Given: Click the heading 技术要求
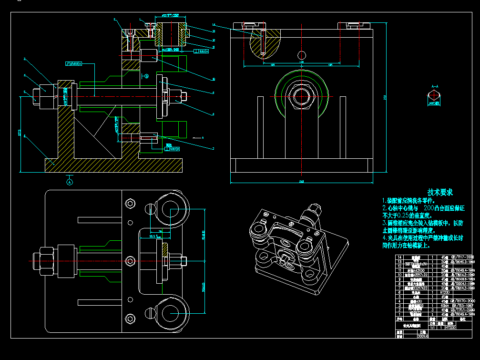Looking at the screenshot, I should pyautogui.click(x=440, y=192).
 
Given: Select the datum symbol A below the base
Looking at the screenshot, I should pyautogui.click(x=70, y=182).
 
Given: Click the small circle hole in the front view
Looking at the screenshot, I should pyautogui.click(x=300, y=53).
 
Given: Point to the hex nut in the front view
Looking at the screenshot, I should pyautogui.click(x=301, y=95).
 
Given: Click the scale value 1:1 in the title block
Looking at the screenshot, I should pyautogui.click(x=432, y=328).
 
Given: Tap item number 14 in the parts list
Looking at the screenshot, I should pyautogui.click(x=399, y=257).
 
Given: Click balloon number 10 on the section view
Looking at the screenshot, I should pyautogui.click(x=214, y=79).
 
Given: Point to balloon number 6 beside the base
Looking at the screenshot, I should pyautogui.click(x=24, y=136).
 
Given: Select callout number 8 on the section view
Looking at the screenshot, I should pyautogui.click(x=214, y=114).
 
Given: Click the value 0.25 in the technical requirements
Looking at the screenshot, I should pyautogui.click(x=405, y=216).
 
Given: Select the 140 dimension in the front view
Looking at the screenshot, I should pyautogui.click(x=301, y=62).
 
